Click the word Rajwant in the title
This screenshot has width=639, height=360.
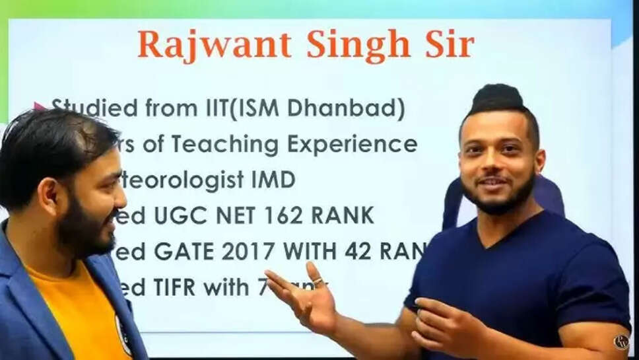click(x=215, y=45)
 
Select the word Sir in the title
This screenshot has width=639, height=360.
click(x=448, y=44)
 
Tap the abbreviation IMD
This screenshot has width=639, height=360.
click(x=271, y=180)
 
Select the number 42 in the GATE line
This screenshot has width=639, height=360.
click(x=357, y=250)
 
